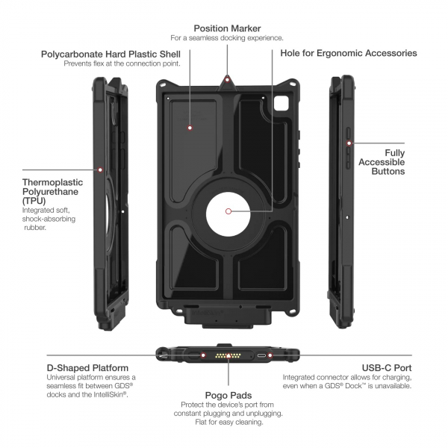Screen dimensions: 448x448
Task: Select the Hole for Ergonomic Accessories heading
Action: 348,54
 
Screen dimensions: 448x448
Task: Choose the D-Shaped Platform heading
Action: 87,367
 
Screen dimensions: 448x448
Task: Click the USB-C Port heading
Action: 388,367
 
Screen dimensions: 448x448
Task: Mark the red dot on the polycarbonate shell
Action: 190,128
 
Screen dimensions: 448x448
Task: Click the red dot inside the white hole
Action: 228,212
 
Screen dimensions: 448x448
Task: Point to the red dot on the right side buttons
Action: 352,143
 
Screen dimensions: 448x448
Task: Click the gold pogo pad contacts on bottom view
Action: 224,355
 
